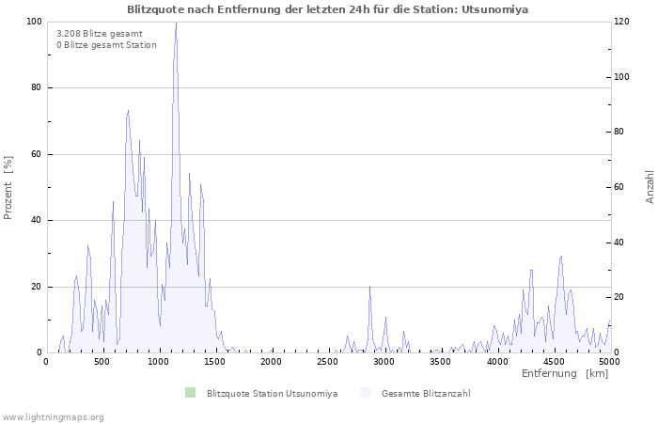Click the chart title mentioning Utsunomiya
[328, 9]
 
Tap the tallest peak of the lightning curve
[176, 23]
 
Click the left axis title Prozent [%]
[8, 187]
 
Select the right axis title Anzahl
[650, 187]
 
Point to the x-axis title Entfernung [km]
[565, 374]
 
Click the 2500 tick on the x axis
[328, 362]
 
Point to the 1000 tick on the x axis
[159, 362]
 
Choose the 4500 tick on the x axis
[554, 362]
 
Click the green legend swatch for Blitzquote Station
[191, 393]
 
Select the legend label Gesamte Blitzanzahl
[426, 393]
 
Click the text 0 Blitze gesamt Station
[106, 45]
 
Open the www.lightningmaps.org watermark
[54, 416]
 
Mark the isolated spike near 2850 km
[369, 288]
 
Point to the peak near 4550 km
[561, 256]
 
